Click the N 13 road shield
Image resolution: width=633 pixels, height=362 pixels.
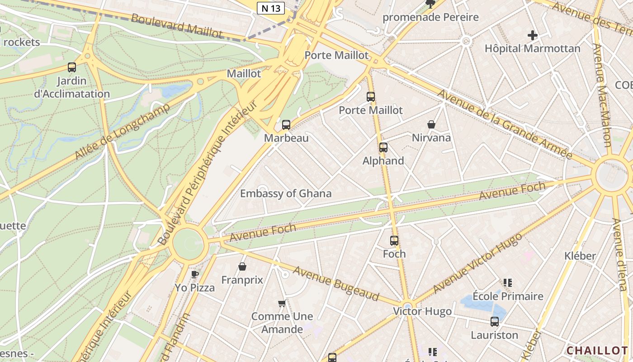pyautogui.click(x=270, y=8)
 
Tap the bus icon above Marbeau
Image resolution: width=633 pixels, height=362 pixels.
pyautogui.click(x=286, y=125)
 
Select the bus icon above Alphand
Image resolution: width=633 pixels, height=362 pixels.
pyautogui.click(x=383, y=148)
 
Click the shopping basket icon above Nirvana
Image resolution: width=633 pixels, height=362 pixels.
pyautogui.click(x=431, y=124)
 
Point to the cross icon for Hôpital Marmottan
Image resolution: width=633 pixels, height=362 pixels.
pyautogui.click(x=533, y=35)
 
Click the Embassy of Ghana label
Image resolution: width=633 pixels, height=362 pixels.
pyautogui.click(x=285, y=194)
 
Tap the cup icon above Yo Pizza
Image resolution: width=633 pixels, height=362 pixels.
pyautogui.click(x=195, y=274)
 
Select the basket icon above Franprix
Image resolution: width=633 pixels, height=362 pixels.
pyautogui.click(x=242, y=267)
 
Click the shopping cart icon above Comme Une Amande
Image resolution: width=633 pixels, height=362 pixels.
pyautogui.click(x=282, y=303)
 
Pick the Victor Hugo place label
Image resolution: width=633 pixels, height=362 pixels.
pyautogui.click(x=422, y=311)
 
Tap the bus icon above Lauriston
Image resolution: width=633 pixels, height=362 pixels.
pyautogui.click(x=495, y=322)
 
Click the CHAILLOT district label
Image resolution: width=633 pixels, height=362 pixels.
pyautogui.click(x=597, y=351)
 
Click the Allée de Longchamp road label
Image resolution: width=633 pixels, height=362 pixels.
pyautogui.click(x=122, y=131)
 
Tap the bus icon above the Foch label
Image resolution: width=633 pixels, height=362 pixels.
pyautogui.click(x=394, y=241)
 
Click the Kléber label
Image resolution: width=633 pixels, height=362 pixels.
pyautogui.click(x=580, y=256)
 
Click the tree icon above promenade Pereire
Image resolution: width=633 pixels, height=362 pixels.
pyautogui.click(x=430, y=4)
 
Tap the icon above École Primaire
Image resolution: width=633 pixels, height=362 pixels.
pyautogui.click(x=508, y=283)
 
